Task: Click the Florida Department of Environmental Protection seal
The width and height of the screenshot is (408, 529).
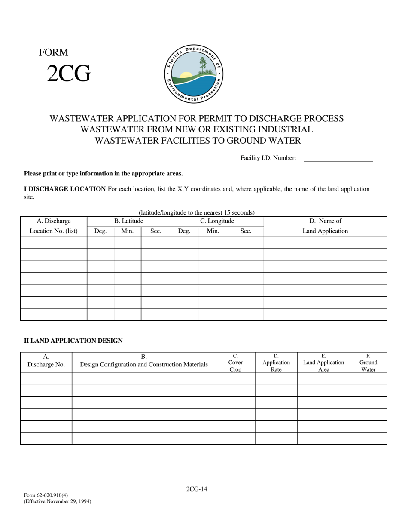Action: coord(194,74)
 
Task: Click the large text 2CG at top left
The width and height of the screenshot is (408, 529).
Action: coord(69,74)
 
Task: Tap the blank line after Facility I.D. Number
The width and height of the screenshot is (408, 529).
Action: coord(338,158)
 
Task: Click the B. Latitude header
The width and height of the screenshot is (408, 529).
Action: coord(128,221)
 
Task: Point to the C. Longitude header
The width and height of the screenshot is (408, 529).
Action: coord(217,221)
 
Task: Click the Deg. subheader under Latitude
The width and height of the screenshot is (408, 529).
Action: coord(100,231)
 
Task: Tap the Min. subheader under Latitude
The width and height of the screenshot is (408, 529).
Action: coord(127,231)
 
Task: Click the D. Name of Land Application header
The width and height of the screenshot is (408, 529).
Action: coord(325,226)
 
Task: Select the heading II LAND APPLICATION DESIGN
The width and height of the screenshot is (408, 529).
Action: coord(73,341)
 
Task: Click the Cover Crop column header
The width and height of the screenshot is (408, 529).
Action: coord(235,363)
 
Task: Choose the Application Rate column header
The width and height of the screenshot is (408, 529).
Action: coord(276,363)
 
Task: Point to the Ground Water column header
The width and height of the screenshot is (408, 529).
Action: coord(368,363)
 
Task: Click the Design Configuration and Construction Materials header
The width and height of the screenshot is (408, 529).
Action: coord(144,364)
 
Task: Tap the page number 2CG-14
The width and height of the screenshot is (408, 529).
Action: coord(197,489)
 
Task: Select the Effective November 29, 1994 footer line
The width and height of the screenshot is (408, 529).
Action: coord(58,501)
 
